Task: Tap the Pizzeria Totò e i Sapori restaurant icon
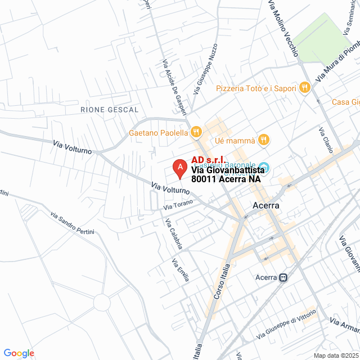(304, 87)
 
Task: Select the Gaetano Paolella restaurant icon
(196, 133)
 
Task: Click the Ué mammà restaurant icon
(264, 139)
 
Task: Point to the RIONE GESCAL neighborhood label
(109, 109)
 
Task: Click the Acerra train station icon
(284, 277)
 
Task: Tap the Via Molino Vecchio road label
(283, 28)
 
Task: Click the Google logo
(19, 353)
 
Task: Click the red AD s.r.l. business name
(209, 160)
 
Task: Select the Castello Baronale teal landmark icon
(267, 168)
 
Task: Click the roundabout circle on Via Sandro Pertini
(102, 303)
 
